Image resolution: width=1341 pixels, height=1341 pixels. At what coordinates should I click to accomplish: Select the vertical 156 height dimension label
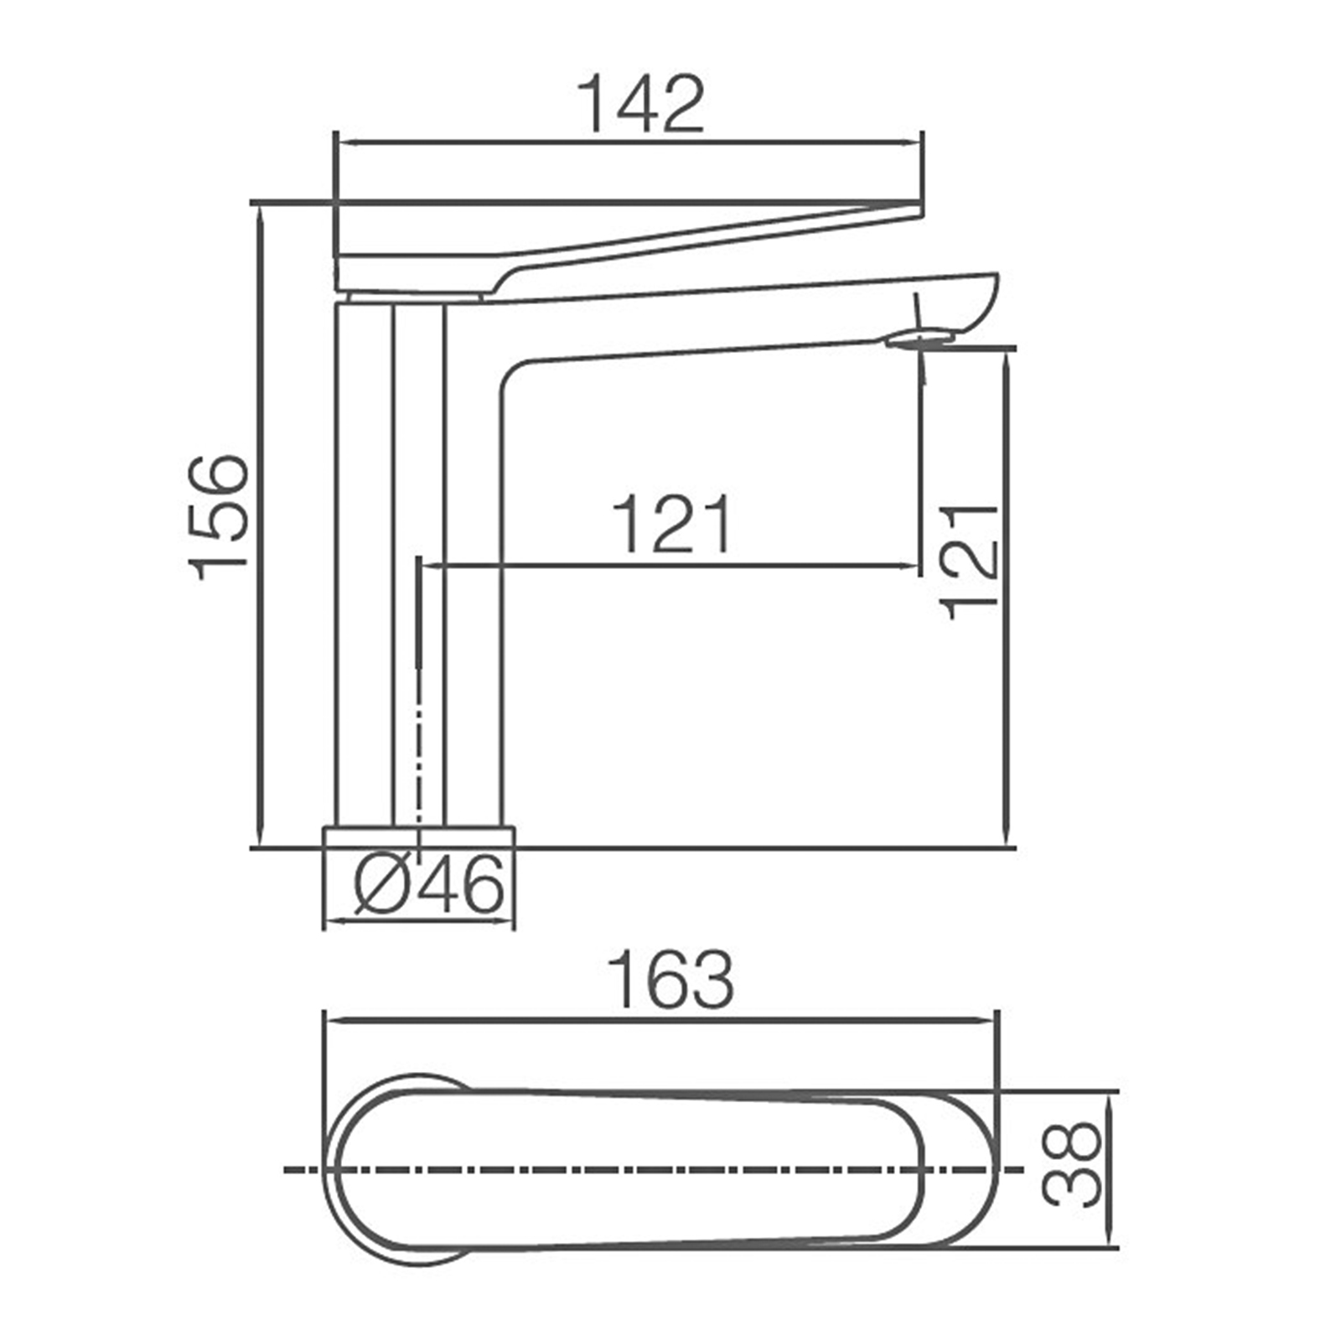point(220,517)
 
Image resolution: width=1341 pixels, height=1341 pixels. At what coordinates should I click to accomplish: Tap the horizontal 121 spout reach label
point(673,525)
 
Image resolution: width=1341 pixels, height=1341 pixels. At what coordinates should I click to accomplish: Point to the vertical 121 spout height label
point(971,562)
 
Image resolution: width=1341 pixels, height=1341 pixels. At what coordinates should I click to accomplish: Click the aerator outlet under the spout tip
point(920,338)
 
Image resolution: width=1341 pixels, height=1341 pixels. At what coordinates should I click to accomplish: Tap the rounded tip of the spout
point(989,293)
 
